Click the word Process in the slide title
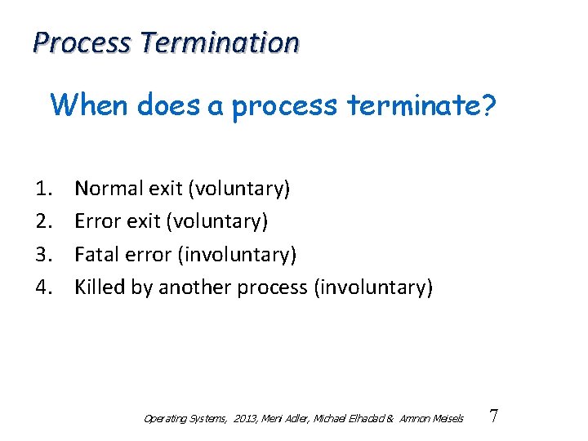[81, 42]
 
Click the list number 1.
[45, 189]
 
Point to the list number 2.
[45, 221]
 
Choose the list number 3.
[45, 254]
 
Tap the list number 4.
[45, 287]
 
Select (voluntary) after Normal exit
[238, 189]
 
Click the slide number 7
[493, 416]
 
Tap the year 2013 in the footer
[244, 418]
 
